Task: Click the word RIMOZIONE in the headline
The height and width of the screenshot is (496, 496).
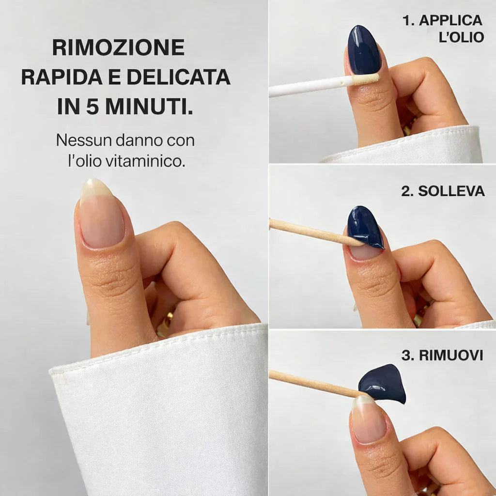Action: tap(118, 47)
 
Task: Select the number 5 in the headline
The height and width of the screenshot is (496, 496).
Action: tap(92, 107)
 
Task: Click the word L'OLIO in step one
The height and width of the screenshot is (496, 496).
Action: tap(461, 37)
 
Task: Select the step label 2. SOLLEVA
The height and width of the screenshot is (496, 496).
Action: tap(443, 191)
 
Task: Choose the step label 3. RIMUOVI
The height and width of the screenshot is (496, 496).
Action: tap(442, 356)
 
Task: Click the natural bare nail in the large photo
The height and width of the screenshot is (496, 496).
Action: tap(101, 217)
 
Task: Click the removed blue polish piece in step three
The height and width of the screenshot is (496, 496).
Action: tap(384, 384)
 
